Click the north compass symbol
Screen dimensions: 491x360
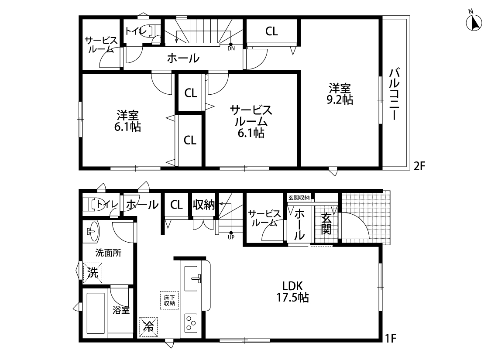click(474, 21)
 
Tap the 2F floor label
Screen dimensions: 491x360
click(419, 166)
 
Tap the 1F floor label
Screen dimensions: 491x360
click(391, 339)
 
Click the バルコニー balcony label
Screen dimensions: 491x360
click(394, 94)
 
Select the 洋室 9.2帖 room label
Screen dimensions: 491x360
click(340, 93)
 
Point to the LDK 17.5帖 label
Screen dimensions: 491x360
click(292, 291)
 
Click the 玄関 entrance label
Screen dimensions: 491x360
click(326, 224)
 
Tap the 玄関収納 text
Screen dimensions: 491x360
click(299, 198)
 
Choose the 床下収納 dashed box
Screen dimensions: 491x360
click(169, 300)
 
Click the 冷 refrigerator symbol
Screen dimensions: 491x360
click(148, 327)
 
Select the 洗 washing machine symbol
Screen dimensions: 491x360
click(93, 273)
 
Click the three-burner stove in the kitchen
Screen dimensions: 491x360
click(191, 323)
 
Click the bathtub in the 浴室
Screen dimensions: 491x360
click(96, 313)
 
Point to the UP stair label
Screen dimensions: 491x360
click(231, 237)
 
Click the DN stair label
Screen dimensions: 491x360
click(231, 48)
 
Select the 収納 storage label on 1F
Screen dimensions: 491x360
click(203, 205)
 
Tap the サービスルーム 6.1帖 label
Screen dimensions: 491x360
click(251, 121)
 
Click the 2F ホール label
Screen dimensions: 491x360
click(183, 58)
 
